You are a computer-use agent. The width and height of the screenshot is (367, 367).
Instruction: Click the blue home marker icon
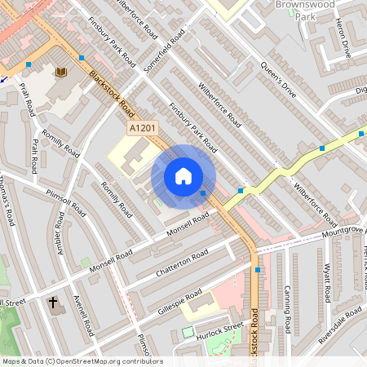click(x=183, y=176)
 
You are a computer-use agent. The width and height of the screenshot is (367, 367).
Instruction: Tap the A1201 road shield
click(x=141, y=129)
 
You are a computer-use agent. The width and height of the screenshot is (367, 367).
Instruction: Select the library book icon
click(x=60, y=73)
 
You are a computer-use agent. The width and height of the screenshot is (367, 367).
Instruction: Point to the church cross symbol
click(x=54, y=303)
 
